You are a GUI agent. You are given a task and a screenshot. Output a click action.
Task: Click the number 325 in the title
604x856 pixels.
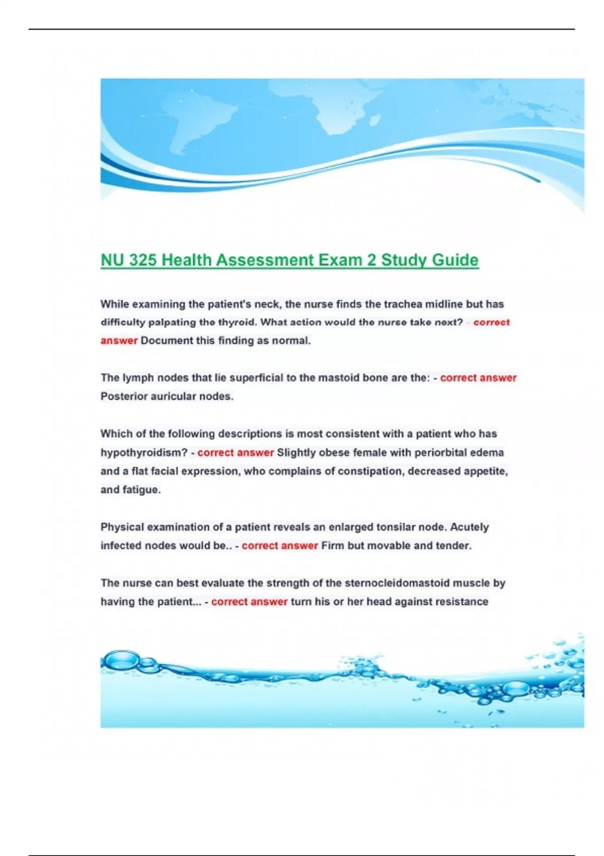pos(142,260)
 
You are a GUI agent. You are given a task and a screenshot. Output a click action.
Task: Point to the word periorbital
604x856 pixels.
pos(440,453)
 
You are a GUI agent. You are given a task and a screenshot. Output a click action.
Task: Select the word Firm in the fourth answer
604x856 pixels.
pos(332,546)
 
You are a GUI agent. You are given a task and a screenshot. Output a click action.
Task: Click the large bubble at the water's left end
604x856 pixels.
pos(121,660)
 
